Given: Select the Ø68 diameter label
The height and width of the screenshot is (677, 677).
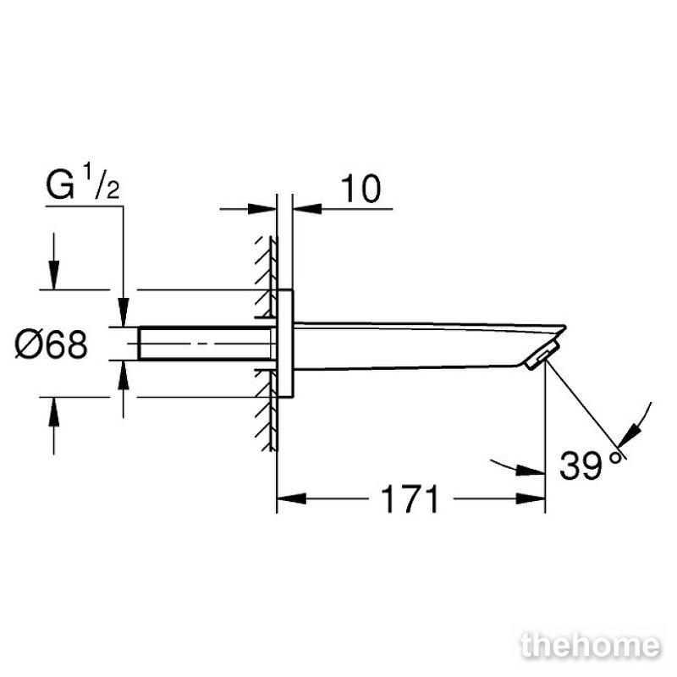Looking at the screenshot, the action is point(51,344).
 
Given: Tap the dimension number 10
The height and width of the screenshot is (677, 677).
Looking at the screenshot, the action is point(361,189).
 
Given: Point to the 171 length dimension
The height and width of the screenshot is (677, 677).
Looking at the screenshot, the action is point(410,498).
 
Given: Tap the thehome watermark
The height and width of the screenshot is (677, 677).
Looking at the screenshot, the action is point(591,646).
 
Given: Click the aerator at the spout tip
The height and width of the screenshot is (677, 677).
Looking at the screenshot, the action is point(543,355).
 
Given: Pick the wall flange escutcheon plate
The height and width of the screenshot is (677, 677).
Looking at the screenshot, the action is point(284,344).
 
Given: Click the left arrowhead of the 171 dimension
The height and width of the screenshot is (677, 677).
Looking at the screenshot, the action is point(291,498).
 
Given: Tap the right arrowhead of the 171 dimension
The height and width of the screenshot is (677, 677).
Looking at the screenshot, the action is point(531,498).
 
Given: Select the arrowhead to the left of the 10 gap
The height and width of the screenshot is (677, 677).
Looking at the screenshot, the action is point(262,209).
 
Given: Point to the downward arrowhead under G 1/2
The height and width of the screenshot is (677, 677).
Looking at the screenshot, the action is point(124,311).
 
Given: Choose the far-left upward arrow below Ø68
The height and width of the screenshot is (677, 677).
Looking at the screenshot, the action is point(54,426).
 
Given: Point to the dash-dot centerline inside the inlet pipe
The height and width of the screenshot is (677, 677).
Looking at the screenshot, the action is point(202,344).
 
